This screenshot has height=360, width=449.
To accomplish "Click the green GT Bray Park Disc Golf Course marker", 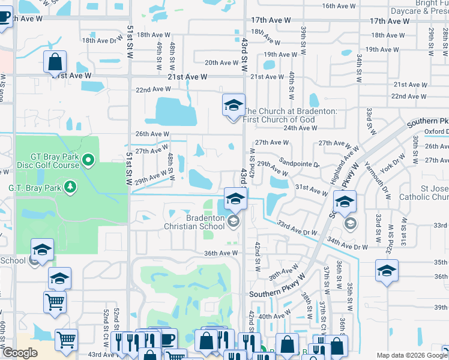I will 88,160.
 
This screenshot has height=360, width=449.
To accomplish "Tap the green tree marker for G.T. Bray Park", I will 71,187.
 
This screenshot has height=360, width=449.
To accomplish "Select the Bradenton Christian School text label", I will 196,222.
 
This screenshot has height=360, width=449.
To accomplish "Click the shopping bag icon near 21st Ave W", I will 55,62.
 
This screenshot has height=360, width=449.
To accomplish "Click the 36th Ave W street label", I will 221,253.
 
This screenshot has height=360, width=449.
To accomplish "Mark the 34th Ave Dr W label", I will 347,243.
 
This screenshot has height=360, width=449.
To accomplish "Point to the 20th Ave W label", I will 221,62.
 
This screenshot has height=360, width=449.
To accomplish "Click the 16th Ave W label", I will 339,5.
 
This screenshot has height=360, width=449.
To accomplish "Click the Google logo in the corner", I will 20,353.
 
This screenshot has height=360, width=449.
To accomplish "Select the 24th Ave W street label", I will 301,128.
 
